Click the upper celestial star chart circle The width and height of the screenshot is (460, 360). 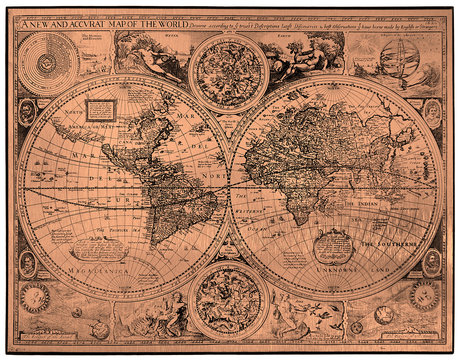click(x=228, y=72)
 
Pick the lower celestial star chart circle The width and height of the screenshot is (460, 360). click(x=228, y=299)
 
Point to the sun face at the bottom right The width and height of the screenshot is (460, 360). click(x=424, y=296)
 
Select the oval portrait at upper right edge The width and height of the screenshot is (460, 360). click(x=432, y=111)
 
